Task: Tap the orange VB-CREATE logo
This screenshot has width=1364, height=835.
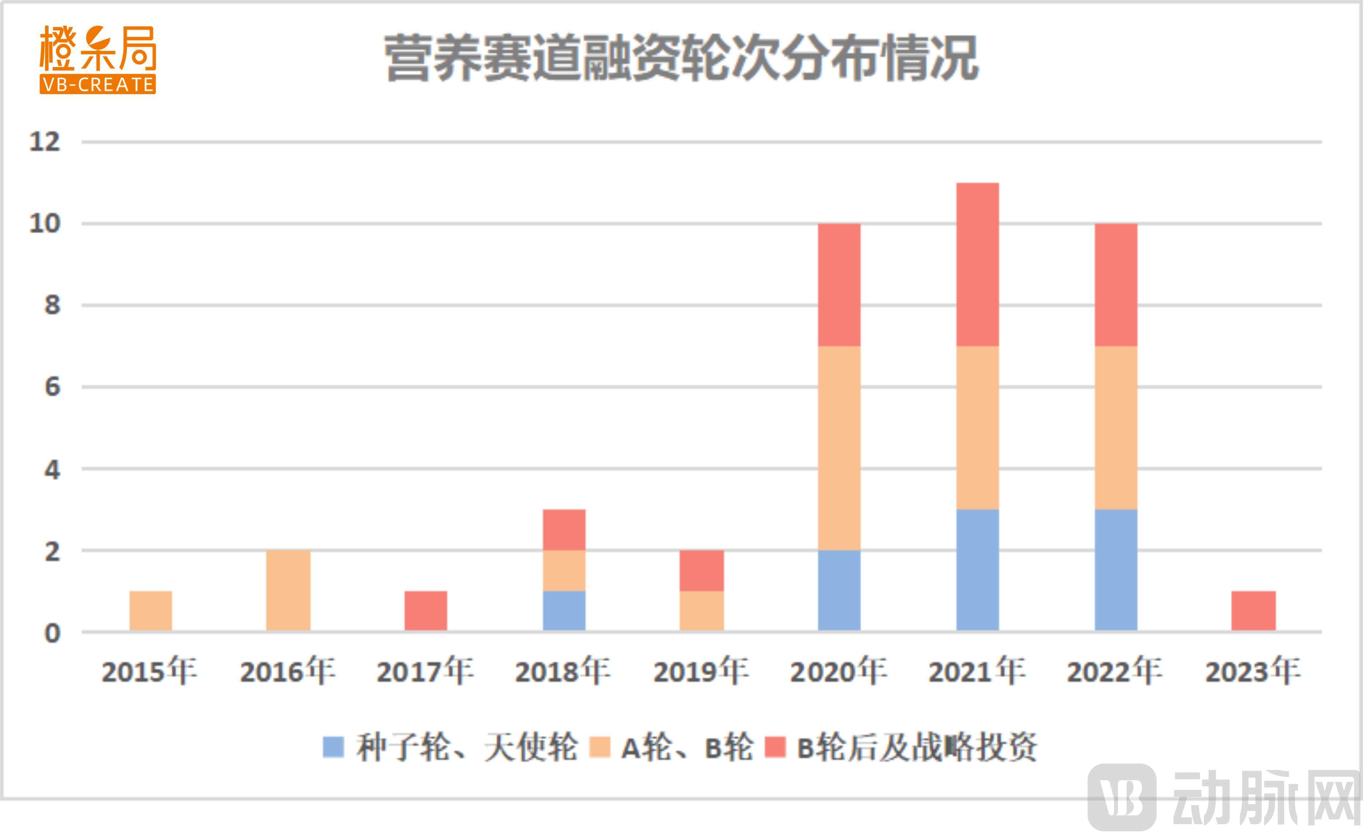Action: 97,59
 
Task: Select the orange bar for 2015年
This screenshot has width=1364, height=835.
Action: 150,611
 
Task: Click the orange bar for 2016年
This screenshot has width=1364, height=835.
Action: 288,590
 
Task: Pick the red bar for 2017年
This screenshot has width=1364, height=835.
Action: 426,611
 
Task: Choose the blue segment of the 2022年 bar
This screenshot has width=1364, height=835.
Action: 1116,570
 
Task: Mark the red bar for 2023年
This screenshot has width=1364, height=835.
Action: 1254,611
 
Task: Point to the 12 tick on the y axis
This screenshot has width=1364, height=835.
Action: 44,142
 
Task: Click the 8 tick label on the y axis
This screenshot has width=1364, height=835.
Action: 52,305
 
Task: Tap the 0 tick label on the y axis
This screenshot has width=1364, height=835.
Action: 52,633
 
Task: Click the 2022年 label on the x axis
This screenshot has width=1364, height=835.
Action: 1115,671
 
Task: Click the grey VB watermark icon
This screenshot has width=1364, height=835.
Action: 1122,797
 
